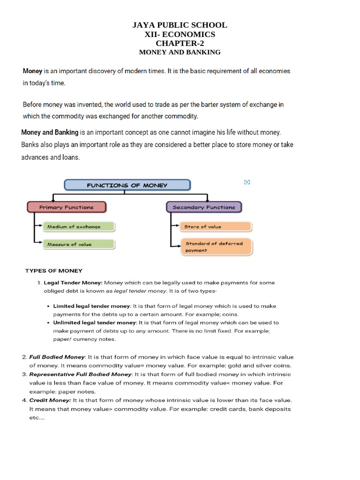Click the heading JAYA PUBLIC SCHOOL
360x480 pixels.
(x=180, y=25)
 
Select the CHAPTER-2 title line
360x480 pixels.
(x=180, y=44)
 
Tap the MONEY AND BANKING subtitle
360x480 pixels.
(x=180, y=52)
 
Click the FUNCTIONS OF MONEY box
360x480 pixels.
(x=127, y=185)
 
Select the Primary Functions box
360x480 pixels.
(x=66, y=207)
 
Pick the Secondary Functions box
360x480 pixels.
(x=204, y=207)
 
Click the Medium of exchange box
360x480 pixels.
(x=78, y=227)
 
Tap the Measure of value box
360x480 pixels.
(x=78, y=244)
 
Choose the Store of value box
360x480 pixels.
(x=216, y=227)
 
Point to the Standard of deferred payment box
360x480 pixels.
(x=216, y=247)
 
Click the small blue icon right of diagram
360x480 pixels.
(x=247, y=182)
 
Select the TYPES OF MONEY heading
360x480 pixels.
(x=53, y=270)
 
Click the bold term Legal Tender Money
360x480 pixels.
(x=73, y=283)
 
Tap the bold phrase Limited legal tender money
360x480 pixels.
(x=91, y=306)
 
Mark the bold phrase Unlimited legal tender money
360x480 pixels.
(x=94, y=322)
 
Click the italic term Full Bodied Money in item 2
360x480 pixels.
(x=57, y=357)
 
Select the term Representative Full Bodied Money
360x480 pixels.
(x=81, y=375)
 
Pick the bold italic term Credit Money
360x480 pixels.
(x=50, y=400)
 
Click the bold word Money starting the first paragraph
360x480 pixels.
(x=32, y=71)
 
